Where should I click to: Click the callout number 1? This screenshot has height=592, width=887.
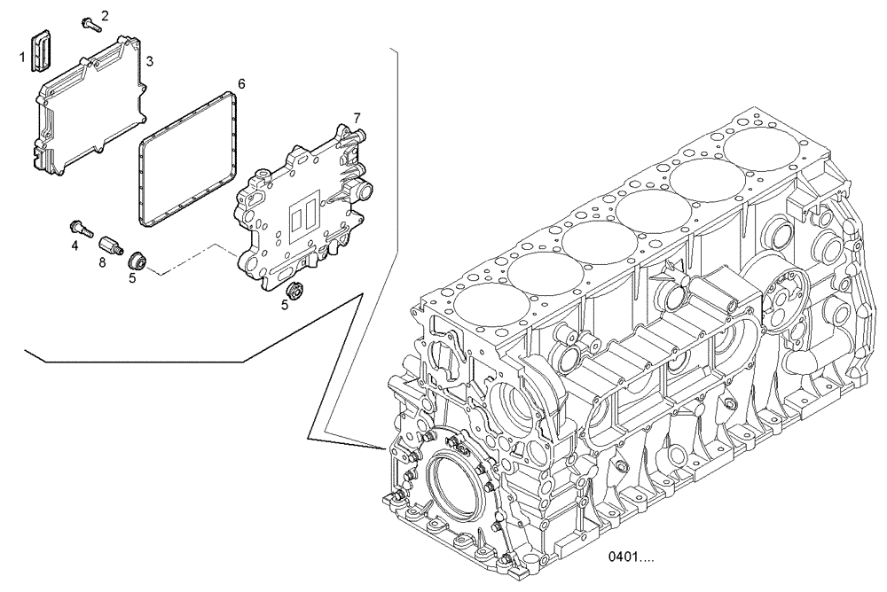pos(22,58)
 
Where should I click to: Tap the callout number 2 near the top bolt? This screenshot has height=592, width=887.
pos(105,15)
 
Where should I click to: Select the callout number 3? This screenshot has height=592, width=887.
pos(150,61)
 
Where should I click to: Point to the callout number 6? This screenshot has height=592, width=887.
pos(240,84)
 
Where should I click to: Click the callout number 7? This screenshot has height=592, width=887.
pos(356,118)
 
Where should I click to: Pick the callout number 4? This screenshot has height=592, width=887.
pos(75,245)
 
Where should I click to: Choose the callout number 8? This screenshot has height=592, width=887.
pos(103,262)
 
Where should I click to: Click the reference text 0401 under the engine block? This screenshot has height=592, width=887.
pos(631,558)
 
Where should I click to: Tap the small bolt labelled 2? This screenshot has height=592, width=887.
pos(89,25)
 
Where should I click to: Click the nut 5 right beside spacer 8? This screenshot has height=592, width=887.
pos(137,261)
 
